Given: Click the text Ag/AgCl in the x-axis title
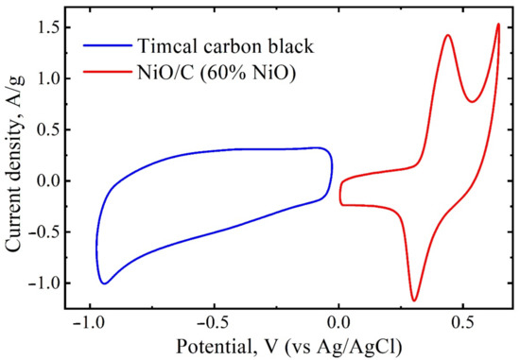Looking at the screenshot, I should (363, 347).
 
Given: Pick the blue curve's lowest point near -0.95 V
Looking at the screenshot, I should (104, 283).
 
